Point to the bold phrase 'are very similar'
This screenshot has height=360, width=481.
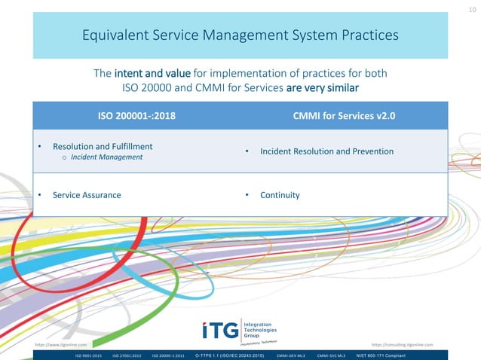322,87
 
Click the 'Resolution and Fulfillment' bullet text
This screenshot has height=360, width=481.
103,145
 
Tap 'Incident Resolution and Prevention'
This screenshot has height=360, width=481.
326,151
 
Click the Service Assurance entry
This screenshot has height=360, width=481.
87,195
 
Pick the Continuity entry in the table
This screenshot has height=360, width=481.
280,195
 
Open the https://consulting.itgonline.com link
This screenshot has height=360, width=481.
403,343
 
